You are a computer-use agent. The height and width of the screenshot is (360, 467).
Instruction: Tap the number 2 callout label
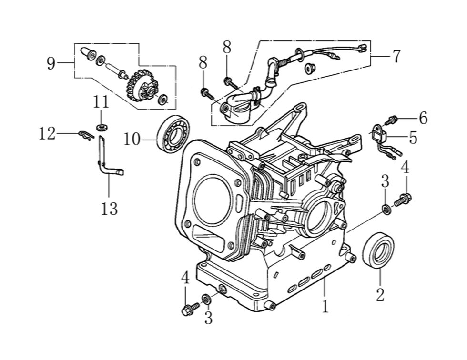(380, 294)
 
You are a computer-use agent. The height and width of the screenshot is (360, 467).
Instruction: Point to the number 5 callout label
(413, 138)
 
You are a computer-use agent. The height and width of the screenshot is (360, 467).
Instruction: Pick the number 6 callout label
(423, 118)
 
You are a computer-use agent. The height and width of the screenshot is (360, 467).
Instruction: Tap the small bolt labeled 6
(393, 120)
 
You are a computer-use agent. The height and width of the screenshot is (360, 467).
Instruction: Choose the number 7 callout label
(396, 56)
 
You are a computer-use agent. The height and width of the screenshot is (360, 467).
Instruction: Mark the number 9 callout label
(51, 63)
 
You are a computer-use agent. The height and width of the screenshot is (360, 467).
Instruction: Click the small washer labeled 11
(101, 127)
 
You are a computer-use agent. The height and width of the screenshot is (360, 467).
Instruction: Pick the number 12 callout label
(47, 134)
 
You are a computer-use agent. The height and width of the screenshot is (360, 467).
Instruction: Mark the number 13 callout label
(109, 208)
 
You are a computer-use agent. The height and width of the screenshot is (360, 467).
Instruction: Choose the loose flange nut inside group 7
(309, 68)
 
